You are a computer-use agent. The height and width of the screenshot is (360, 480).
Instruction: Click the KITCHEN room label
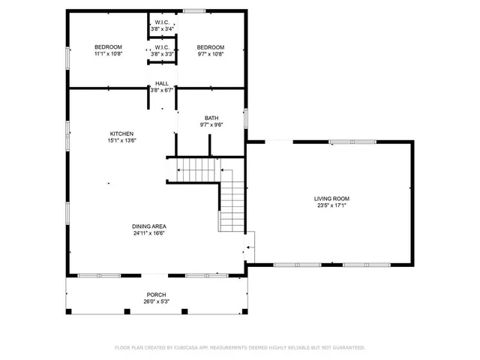click(124, 133)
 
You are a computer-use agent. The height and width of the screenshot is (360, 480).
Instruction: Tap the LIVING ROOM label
click(331, 199)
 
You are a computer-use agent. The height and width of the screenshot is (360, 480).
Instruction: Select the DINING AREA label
click(149, 226)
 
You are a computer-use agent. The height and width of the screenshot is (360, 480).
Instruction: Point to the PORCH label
click(156, 295)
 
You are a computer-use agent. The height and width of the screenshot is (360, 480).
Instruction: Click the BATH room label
click(211, 118)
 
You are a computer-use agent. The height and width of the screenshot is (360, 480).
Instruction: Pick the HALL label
click(161, 83)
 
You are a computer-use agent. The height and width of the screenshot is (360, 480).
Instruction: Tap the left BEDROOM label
click(108, 47)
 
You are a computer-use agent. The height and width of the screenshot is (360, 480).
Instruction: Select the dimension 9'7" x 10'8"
click(210, 54)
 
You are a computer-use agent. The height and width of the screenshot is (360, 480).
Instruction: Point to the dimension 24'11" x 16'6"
click(149, 233)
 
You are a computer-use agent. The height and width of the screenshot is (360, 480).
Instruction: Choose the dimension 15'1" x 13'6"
click(124, 140)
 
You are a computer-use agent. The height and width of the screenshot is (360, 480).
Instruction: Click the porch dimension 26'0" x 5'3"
click(156, 301)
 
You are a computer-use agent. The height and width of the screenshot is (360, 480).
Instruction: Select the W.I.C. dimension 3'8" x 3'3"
click(161, 54)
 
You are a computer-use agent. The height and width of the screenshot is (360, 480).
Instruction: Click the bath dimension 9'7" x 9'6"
click(211, 125)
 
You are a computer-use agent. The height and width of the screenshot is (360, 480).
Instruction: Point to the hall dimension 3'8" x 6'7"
click(161, 90)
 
